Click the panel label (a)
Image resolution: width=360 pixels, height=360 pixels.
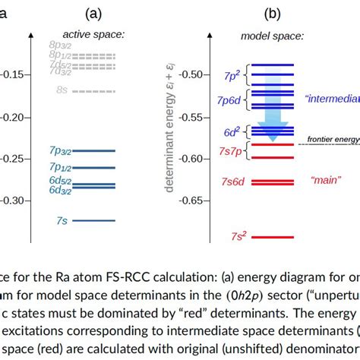[93, 13]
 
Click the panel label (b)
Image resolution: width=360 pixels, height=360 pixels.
[272, 13]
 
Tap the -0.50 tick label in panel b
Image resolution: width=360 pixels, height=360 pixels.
[200, 74]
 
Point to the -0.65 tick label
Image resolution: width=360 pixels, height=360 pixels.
[200, 201]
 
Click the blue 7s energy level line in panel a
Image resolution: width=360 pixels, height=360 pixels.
[93, 220]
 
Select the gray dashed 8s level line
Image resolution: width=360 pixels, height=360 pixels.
[93, 90]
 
